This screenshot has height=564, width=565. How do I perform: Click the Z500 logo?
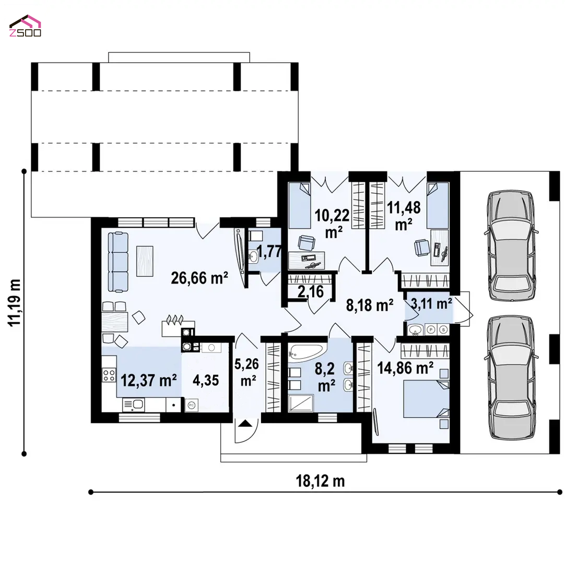25,26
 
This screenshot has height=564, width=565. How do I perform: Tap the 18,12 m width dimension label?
320,481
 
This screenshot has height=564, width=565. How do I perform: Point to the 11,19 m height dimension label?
15,303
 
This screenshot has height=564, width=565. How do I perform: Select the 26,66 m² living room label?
199,278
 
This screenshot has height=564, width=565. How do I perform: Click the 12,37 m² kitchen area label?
148,380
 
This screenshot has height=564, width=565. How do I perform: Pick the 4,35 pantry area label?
206,380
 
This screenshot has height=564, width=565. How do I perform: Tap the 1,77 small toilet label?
269,251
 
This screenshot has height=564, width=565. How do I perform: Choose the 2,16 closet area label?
311,291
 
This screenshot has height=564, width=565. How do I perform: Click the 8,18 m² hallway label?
370,305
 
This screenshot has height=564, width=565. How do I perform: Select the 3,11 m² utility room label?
431,304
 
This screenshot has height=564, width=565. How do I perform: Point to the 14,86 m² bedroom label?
405,368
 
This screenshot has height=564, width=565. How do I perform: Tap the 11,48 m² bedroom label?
404,216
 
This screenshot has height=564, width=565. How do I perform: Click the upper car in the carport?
511,245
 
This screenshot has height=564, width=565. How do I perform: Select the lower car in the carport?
511,378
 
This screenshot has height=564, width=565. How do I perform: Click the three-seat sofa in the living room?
118,262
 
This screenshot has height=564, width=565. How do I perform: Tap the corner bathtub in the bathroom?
307,352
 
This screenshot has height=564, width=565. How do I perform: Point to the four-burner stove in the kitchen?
109,375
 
